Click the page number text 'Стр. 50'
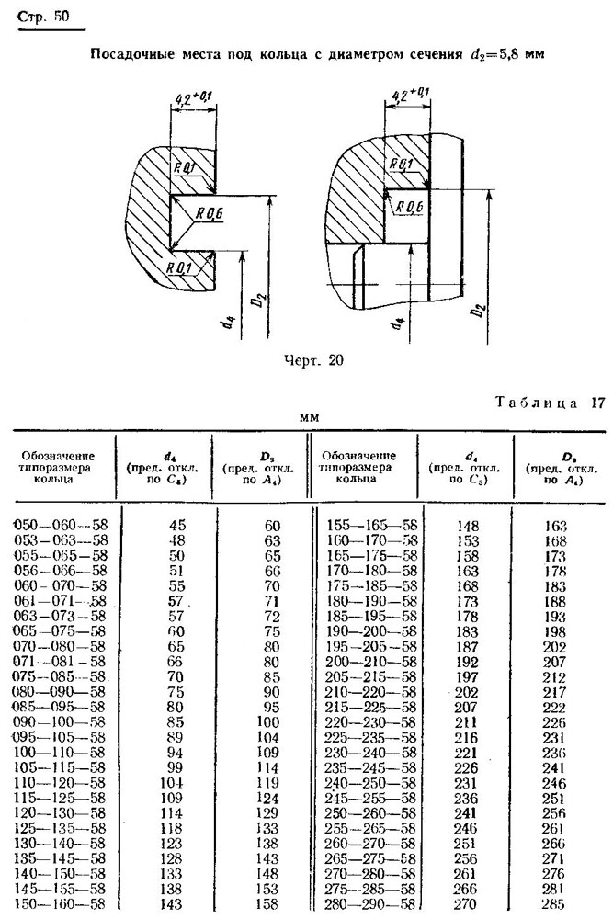tap(43, 17)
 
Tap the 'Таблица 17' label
tap(550, 403)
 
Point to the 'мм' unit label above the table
tap(309, 418)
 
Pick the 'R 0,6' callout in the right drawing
tap(409, 206)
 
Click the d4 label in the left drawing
tap(231, 329)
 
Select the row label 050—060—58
tap(61, 525)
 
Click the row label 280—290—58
tap(372, 903)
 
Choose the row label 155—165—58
tap(372, 525)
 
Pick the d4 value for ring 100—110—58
tap(175, 753)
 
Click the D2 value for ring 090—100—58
tap(269, 722)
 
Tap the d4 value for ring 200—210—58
tap(467, 662)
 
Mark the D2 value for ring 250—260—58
tap(554, 813)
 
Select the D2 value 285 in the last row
tap(554, 903)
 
